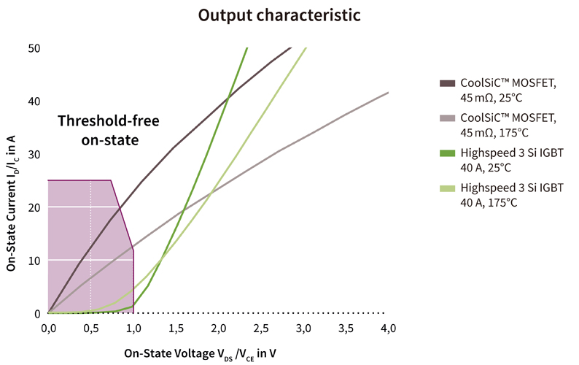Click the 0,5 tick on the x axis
click(x=90, y=328)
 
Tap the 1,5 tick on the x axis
click(x=175, y=328)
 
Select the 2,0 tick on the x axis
click(x=218, y=328)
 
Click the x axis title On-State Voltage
click(x=200, y=353)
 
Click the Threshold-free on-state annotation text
click(x=108, y=128)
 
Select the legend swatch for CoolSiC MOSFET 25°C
click(x=446, y=84)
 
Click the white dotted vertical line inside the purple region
click(x=90, y=248)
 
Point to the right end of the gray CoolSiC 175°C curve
click(x=387, y=93)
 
